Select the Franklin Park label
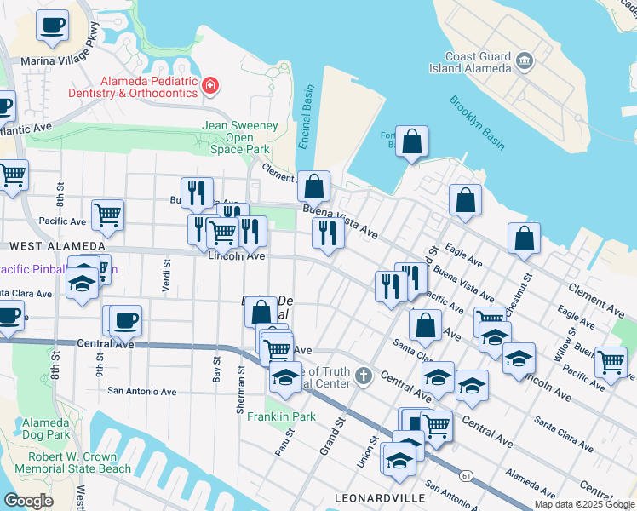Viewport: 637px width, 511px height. point(281,416)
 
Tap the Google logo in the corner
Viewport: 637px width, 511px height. point(28,500)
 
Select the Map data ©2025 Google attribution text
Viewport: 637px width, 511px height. point(583,504)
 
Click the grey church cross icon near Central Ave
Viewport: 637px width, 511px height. point(364,376)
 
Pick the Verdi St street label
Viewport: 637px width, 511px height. point(165,275)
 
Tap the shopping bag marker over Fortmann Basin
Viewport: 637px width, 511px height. point(411,142)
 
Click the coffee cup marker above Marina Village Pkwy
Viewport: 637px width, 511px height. point(53,26)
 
